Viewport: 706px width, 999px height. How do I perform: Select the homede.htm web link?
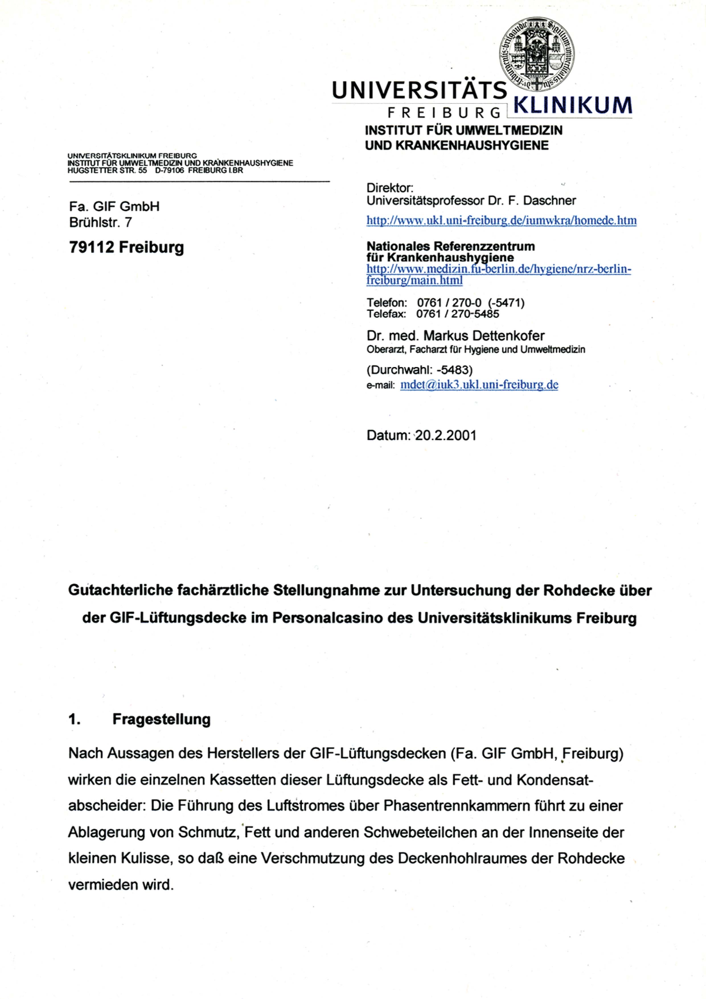point(501,221)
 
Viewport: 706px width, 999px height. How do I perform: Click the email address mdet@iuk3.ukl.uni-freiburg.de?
point(479,385)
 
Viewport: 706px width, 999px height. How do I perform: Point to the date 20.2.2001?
point(446,435)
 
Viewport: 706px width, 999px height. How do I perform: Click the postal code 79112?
point(92,247)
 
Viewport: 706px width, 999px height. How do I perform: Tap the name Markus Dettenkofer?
point(484,336)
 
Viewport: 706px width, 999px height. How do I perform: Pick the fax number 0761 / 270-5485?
point(457,314)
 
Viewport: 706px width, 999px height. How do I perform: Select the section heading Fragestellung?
point(161,719)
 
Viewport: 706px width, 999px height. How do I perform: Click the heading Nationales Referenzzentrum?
point(451,246)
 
